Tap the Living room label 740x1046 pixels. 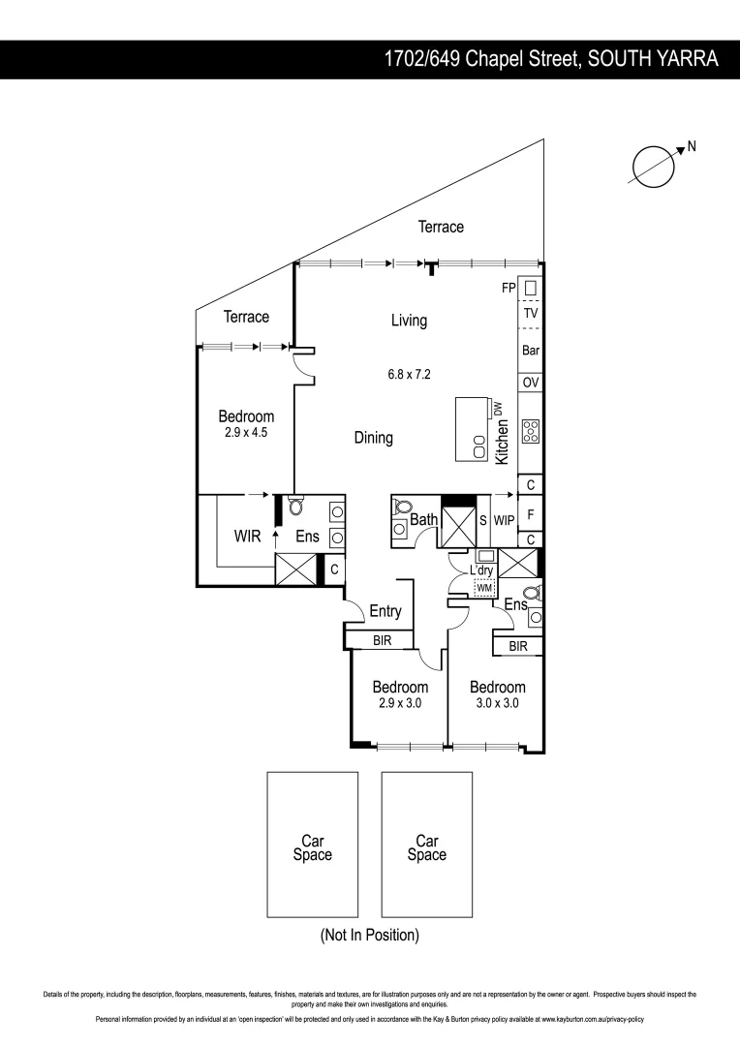pyautogui.click(x=409, y=321)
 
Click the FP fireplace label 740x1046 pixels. pyautogui.click(x=508, y=288)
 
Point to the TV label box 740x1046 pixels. pyautogui.click(x=531, y=315)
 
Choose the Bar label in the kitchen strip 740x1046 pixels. pyautogui.click(x=531, y=351)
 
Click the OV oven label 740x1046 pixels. pyautogui.click(x=531, y=384)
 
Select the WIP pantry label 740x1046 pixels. pyautogui.click(x=504, y=521)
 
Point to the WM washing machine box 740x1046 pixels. pyautogui.click(x=484, y=588)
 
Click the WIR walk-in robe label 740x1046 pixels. pyautogui.click(x=249, y=536)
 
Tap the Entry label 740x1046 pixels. pyautogui.click(x=385, y=612)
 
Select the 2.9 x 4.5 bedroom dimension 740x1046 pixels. pyautogui.click(x=245, y=433)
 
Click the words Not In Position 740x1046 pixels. pyautogui.click(x=369, y=936)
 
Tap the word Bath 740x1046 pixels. pyautogui.click(x=424, y=520)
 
